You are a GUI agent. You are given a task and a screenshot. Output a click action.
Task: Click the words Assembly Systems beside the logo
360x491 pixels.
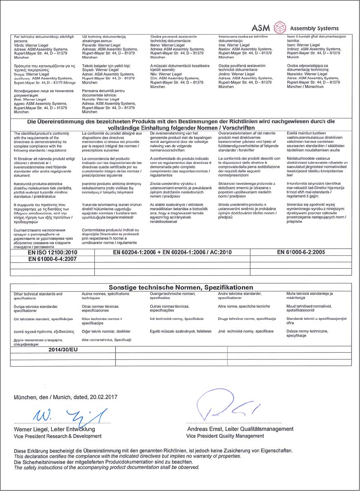click(314, 29)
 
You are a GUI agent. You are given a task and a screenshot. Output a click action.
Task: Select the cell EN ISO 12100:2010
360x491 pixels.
click(52, 252)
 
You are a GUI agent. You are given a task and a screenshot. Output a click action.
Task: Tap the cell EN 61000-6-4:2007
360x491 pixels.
click(52, 259)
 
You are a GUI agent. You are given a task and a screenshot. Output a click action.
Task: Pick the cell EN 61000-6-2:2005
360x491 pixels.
click(300, 252)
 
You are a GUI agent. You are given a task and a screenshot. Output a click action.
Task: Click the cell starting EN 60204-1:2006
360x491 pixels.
click(172, 252)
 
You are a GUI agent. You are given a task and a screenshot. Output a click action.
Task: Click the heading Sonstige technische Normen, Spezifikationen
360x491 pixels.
click(181, 287)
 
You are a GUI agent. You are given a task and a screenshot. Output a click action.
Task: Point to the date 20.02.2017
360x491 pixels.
click(104, 398)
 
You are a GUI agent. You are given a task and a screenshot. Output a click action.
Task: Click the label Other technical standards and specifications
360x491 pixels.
click(38, 296)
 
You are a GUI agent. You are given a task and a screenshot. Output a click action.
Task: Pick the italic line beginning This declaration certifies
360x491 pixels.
click(128, 457)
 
